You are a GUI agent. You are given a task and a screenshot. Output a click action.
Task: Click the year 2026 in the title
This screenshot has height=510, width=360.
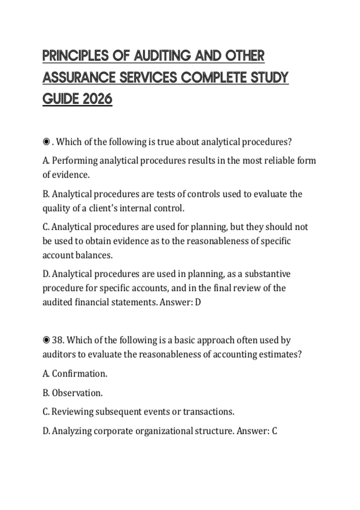pyautogui.click(x=97, y=99)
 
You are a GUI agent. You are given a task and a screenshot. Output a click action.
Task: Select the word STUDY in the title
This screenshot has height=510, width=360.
pyautogui.click(x=269, y=77)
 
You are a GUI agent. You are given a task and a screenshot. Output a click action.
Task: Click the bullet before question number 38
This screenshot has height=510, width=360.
pyautogui.click(x=46, y=340)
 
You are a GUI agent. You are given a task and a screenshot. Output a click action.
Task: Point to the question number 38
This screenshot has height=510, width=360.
pyautogui.click(x=58, y=340)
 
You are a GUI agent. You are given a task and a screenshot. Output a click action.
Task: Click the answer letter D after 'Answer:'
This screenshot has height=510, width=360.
pyautogui.click(x=198, y=302)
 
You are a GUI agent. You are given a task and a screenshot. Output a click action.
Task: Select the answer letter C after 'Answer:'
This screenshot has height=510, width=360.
pyautogui.click(x=274, y=431)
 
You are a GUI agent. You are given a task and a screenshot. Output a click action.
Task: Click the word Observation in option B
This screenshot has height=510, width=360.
pyautogui.click(x=77, y=393)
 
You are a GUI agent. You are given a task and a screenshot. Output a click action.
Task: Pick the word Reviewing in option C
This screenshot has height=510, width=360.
pyautogui.click(x=72, y=412)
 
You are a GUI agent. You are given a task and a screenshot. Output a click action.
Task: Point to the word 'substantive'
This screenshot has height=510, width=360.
pyautogui.click(x=268, y=274)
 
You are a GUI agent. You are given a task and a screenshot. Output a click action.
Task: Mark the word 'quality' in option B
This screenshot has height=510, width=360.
pyautogui.click(x=56, y=208)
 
